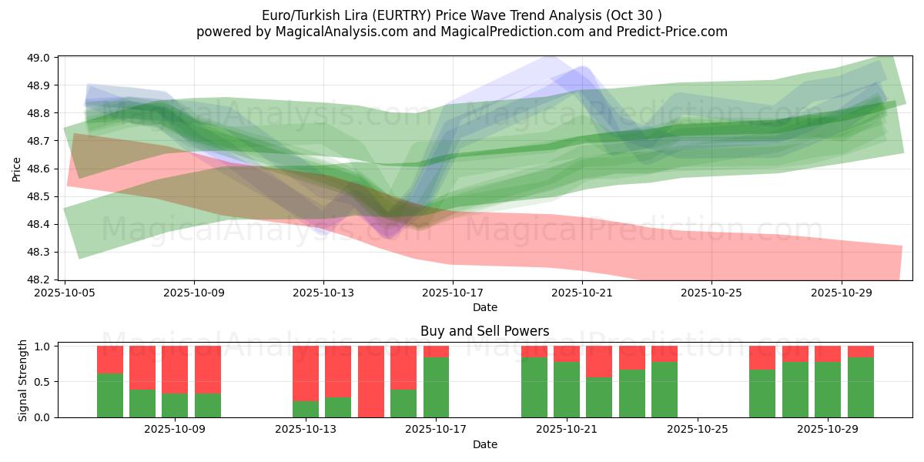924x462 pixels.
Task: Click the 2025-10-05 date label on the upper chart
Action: (x=65, y=293)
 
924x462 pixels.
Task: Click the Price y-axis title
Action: (x=17, y=168)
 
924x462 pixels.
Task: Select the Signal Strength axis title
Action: (x=23, y=381)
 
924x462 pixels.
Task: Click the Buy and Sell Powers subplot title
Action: (x=484, y=332)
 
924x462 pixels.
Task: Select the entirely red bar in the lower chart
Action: (x=371, y=381)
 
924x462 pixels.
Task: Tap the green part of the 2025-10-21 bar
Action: (x=566, y=390)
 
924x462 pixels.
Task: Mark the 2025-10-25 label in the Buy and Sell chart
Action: (x=697, y=430)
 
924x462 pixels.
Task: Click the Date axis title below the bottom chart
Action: (x=484, y=444)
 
